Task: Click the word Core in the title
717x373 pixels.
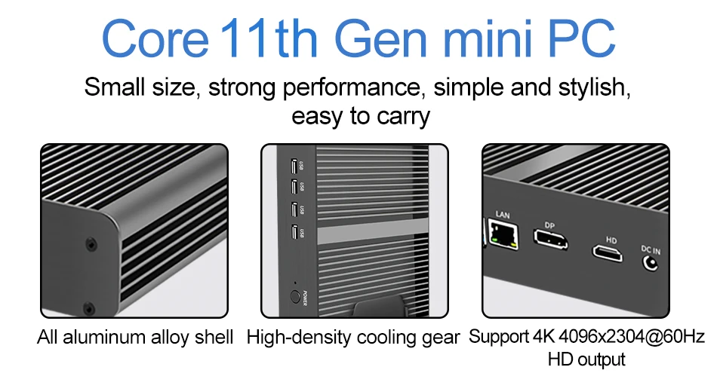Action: pyautogui.click(x=154, y=39)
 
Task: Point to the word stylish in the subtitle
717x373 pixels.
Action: pyautogui.click(x=588, y=87)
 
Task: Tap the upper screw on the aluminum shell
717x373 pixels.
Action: pyautogui.click(x=91, y=244)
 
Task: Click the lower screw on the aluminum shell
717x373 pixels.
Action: pyautogui.click(x=90, y=308)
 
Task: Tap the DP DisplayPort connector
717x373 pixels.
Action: pyautogui.click(x=551, y=240)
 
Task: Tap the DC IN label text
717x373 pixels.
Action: pyautogui.click(x=650, y=249)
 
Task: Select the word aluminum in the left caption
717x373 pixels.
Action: pyautogui.click(x=101, y=337)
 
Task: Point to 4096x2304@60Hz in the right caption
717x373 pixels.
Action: pyautogui.click(x=616, y=337)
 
